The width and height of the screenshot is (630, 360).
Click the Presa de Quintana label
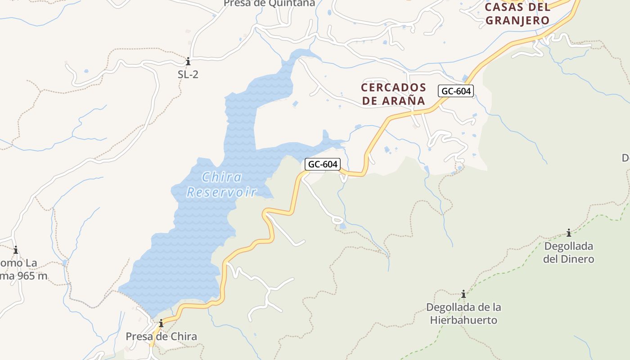269,4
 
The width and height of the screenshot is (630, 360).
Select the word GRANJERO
517,20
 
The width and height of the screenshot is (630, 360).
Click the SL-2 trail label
188,75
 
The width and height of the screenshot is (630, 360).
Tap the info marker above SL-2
188,62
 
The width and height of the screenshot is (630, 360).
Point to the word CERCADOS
394,87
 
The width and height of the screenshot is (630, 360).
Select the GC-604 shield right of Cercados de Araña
456,91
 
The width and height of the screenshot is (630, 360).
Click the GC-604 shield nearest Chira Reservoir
322,164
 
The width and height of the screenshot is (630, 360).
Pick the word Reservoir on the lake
221,192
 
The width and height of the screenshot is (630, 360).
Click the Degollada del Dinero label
568,252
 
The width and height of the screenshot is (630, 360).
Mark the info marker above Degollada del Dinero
569,233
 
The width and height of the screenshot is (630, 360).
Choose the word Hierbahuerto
463,320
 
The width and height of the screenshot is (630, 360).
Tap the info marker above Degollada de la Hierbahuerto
463,294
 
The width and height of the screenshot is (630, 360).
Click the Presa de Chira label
161,337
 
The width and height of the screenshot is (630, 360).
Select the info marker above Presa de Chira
161,323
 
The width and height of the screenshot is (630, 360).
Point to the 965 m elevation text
31,276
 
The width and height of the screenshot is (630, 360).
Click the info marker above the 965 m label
16,250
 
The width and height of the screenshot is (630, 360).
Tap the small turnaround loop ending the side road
337,220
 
